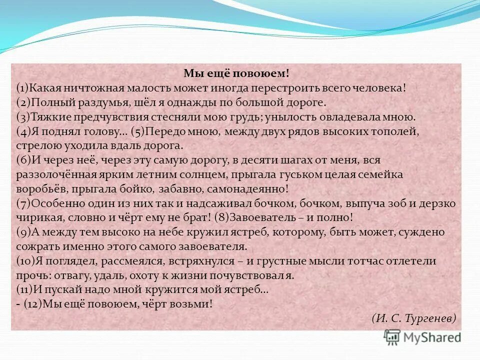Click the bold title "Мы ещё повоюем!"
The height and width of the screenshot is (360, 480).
click(236, 73)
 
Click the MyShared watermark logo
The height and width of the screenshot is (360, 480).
click(422, 337)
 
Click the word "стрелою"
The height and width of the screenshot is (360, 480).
click(37, 146)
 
